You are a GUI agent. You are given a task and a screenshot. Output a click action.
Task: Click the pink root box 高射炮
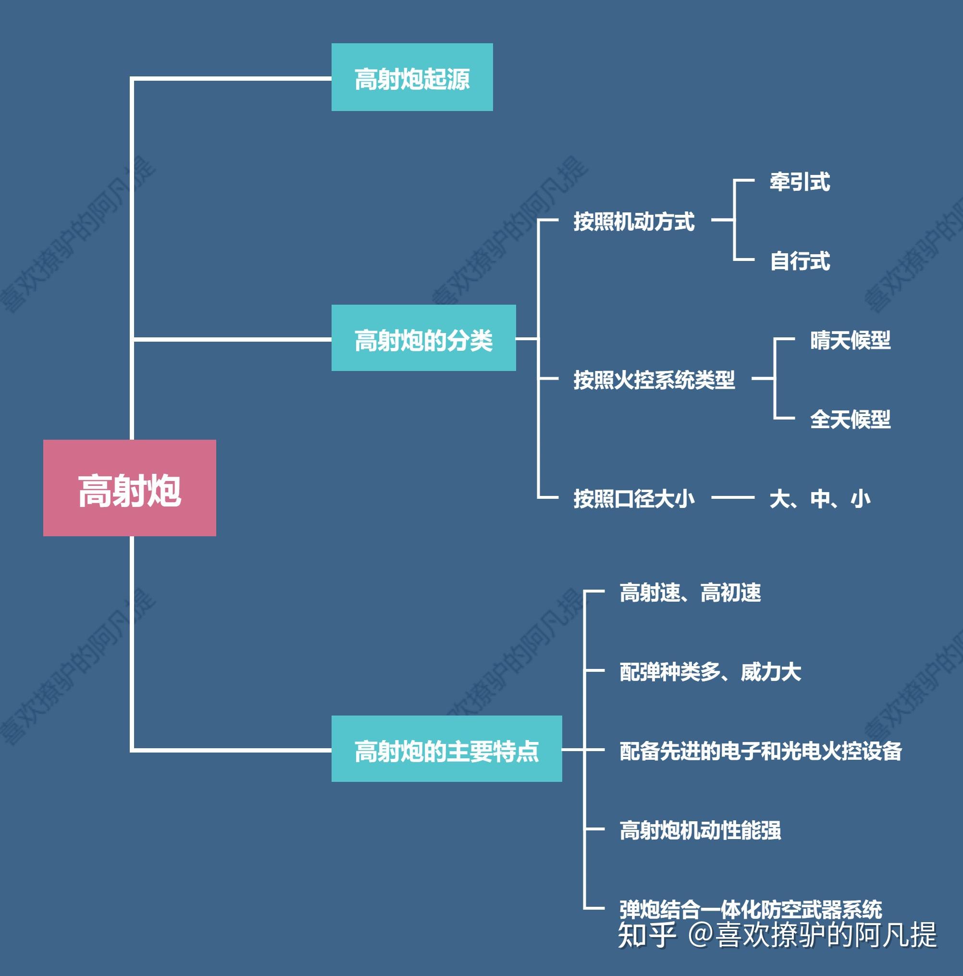tap(129, 488)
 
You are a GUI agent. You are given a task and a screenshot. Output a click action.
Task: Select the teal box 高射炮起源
tap(412, 77)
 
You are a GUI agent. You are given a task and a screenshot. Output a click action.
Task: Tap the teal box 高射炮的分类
tap(423, 338)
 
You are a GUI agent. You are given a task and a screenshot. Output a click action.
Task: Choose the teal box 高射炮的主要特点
tap(446, 749)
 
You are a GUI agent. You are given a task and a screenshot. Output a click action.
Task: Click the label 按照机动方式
tap(633, 221)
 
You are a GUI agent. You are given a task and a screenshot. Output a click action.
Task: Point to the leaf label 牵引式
tap(800, 182)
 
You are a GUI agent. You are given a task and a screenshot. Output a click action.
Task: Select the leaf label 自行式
tap(800, 260)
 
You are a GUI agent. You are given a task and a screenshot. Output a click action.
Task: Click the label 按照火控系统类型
tap(654, 379)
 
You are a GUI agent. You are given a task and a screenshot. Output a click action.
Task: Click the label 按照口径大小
tap(633, 499)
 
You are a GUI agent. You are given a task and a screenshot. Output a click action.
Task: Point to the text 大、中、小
tap(819, 499)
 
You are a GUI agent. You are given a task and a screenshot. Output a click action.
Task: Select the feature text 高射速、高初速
tap(690, 593)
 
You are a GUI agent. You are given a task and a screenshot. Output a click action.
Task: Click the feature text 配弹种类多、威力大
tap(710, 671)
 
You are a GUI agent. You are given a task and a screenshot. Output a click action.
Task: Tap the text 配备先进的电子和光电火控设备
tap(761, 751)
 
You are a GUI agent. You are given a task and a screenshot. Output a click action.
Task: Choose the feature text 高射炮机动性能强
tap(700, 830)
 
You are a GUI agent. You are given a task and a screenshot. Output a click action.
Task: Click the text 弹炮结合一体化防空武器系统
tap(751, 908)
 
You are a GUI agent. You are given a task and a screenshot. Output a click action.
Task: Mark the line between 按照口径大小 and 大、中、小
tap(733, 497)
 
